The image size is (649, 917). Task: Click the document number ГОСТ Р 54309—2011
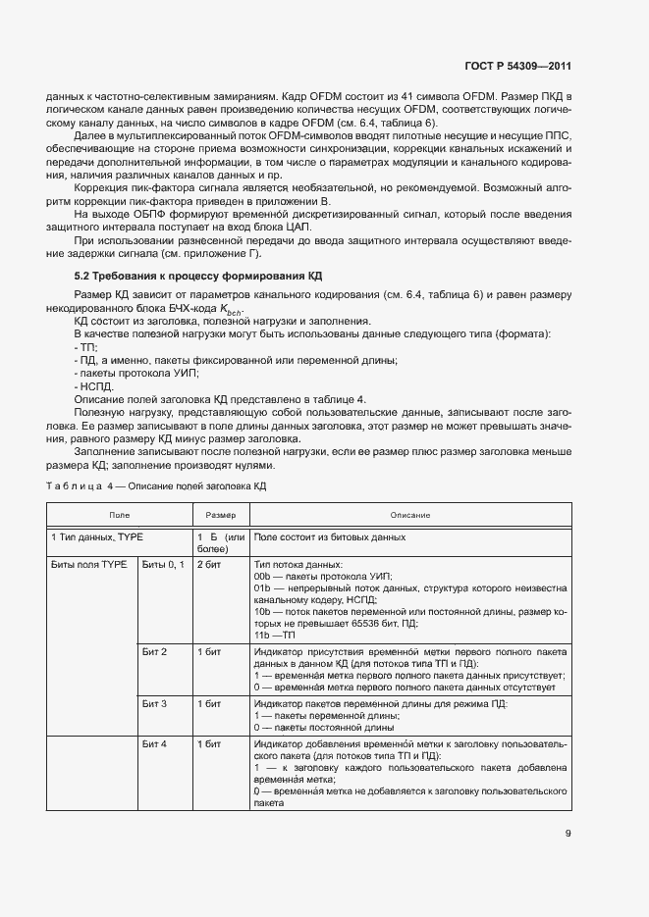[516, 67]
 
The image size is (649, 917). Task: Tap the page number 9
[568, 836]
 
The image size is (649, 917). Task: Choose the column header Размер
[220, 515]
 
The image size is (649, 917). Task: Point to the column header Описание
[409, 515]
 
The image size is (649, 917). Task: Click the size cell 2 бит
[208, 565]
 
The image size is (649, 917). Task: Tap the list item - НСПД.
[95, 386]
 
